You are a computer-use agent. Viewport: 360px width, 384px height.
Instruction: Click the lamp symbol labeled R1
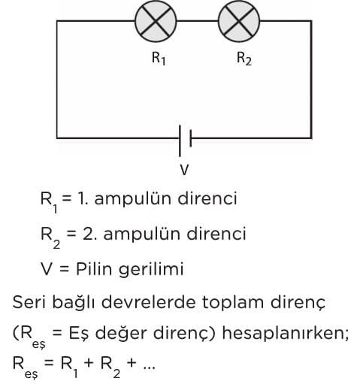click(x=156, y=21)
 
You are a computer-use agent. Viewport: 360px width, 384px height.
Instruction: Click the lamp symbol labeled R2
click(x=239, y=21)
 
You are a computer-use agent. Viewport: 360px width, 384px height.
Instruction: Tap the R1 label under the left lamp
click(x=159, y=59)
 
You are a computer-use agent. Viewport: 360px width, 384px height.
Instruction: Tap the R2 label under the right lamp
click(x=244, y=59)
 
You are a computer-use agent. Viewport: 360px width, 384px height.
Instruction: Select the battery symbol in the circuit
click(x=185, y=141)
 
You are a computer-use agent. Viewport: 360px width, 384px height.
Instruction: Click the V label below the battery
click(x=184, y=170)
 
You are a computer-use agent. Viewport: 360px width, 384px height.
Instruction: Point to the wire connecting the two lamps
click(x=198, y=21)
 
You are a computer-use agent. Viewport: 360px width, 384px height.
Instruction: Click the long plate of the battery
click(x=180, y=141)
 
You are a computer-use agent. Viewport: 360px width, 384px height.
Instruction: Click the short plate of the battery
click(x=191, y=138)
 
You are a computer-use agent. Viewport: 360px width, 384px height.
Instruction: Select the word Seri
click(x=29, y=301)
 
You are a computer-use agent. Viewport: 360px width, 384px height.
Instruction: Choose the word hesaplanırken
click(x=286, y=334)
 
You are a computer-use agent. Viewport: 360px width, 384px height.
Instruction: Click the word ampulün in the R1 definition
click(x=133, y=200)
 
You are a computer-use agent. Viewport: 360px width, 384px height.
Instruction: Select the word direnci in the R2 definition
click(x=216, y=234)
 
